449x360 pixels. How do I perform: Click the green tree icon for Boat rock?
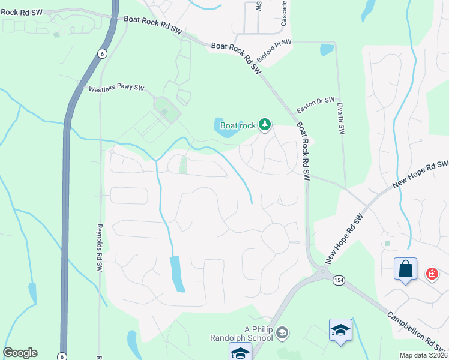tap(264, 125)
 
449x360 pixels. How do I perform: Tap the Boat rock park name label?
tap(238, 125)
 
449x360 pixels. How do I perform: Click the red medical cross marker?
tap(432, 274)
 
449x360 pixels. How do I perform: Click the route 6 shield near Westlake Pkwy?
tap(102, 53)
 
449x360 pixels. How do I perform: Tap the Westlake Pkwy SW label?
tap(116, 88)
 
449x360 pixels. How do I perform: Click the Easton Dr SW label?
tap(315, 106)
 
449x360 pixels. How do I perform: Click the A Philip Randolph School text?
tap(259, 332)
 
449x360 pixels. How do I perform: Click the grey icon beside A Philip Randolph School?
tap(284, 332)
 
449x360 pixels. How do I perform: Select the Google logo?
tap(20, 353)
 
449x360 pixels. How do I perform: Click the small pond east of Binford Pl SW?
tap(327, 50)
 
